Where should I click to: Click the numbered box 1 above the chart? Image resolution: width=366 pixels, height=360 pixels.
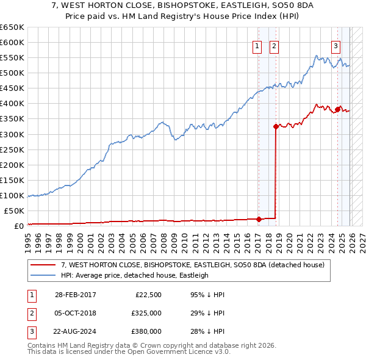click(x=257, y=46)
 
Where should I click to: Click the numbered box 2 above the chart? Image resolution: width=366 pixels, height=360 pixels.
click(x=274, y=46)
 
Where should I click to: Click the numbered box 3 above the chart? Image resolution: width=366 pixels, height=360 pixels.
click(x=336, y=46)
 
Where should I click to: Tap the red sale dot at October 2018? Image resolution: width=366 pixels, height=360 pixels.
click(x=276, y=127)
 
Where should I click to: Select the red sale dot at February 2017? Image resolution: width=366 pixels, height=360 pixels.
click(x=259, y=219)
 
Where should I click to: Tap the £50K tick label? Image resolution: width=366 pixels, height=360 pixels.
click(x=14, y=211)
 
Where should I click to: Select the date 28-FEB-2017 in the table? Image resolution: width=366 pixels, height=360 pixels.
click(x=75, y=295)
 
